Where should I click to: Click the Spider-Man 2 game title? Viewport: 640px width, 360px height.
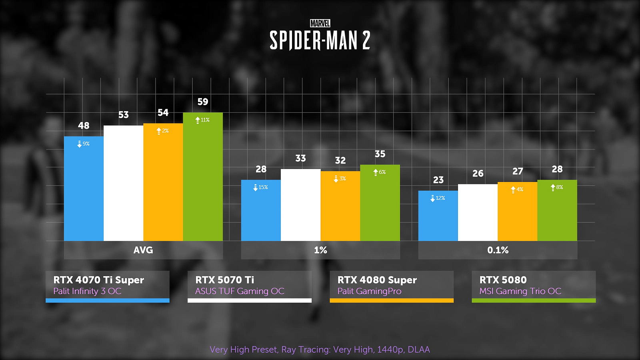[x=320, y=40]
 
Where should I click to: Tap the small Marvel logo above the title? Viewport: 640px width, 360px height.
[x=320, y=24]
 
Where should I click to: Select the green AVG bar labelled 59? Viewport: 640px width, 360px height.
[x=203, y=180]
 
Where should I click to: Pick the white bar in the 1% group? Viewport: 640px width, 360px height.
[x=300, y=206]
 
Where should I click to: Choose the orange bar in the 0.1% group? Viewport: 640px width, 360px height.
[x=517, y=212]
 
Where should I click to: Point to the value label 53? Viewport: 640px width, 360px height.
[x=124, y=115]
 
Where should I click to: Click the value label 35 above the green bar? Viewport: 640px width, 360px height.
[x=380, y=154]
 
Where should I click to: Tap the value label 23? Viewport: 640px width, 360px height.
[x=438, y=180]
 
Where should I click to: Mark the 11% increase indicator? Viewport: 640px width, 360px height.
[x=202, y=120]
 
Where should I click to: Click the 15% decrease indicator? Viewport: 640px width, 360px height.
[x=261, y=187]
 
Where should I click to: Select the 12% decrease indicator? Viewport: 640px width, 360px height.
[x=438, y=198]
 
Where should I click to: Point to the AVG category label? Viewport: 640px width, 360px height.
[x=143, y=250]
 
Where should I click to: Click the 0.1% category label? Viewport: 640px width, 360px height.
[x=498, y=250]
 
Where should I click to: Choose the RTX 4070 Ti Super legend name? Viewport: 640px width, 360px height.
[x=99, y=280]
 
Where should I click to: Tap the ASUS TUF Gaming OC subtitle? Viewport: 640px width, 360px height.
[x=240, y=291]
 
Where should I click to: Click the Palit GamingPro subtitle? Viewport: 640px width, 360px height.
[x=369, y=291]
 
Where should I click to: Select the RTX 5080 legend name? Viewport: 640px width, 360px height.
[x=503, y=280]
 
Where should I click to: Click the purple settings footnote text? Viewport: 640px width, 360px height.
[x=320, y=350]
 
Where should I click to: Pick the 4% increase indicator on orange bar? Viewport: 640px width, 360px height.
[x=517, y=189]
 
